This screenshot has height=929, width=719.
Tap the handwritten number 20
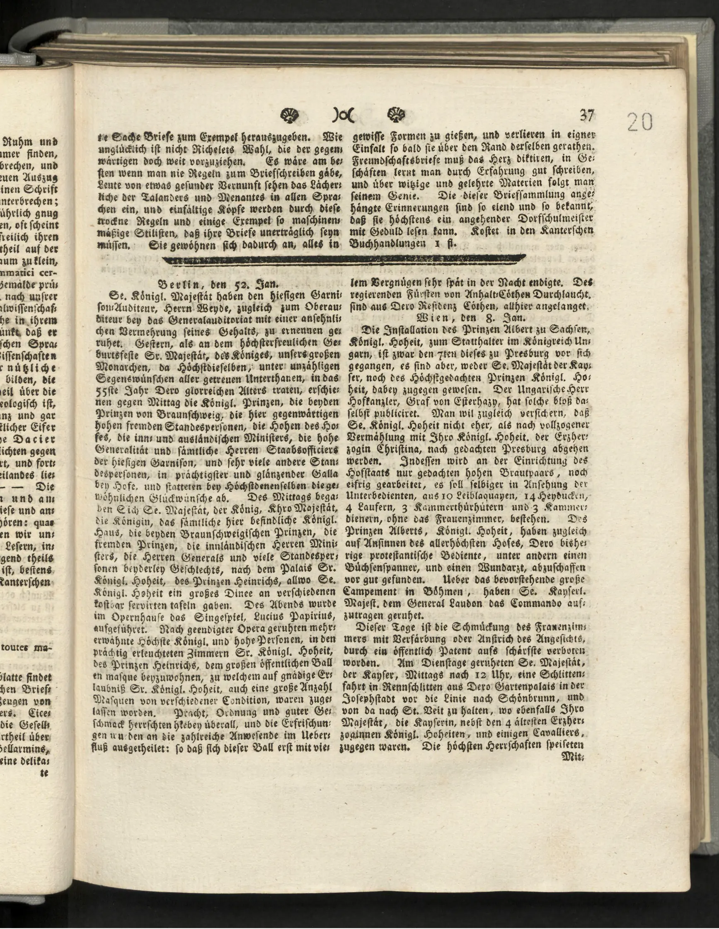(x=639, y=122)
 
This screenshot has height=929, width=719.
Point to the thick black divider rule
(x=344, y=259)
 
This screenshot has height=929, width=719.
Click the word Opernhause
(x=133, y=615)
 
